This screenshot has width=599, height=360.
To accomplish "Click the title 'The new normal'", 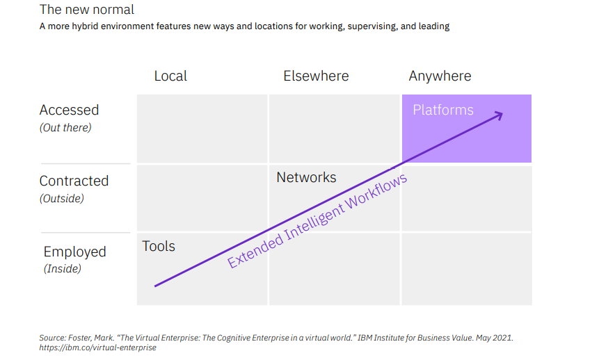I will coord(87,10).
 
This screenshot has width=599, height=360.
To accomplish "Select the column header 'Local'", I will coord(170,76).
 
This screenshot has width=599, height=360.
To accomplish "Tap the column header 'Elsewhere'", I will coord(316,76).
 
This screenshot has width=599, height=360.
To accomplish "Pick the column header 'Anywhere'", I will coord(440,76).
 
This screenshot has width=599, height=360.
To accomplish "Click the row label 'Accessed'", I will coord(69,110).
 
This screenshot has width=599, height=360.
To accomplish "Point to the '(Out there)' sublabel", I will coord(65,128).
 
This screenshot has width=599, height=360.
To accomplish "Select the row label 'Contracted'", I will coord(74,181).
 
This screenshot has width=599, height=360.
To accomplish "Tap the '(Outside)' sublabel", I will coord(62,199).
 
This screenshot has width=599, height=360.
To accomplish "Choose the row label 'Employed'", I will coord(74,252).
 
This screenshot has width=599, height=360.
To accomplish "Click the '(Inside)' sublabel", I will coord(63,269).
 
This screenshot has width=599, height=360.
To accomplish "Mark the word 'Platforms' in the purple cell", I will coord(443,110).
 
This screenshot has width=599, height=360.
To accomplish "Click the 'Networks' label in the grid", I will coord(306,177).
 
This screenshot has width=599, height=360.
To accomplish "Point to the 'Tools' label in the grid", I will coord(159,246).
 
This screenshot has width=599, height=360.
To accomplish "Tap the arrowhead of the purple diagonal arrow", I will coord(497,115).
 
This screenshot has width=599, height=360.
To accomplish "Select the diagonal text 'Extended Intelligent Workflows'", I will coord(317,220).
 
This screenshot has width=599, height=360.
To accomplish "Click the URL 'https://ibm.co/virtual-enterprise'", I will coord(97,347).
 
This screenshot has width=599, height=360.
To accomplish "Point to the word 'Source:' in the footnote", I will coord(54,338).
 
